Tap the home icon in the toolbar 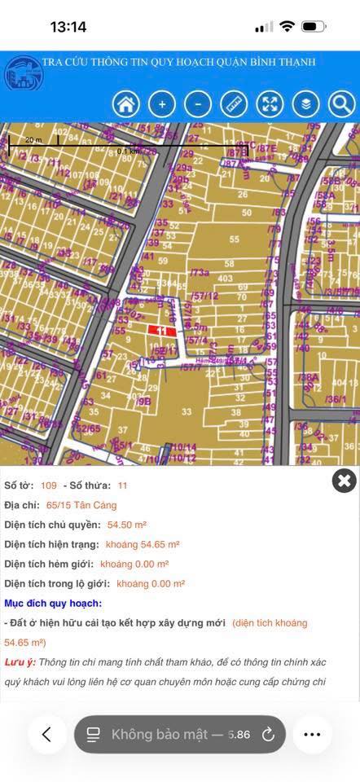126,103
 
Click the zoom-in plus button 162,103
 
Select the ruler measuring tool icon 234,103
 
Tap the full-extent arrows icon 270,103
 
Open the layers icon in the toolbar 305,103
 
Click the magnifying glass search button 341,103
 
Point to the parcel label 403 226,279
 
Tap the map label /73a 200,271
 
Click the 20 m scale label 33,139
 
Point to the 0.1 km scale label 128,151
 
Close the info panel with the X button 345,481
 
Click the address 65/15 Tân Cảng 81,505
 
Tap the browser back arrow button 47,734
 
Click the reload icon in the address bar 268,734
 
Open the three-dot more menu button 312,734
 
